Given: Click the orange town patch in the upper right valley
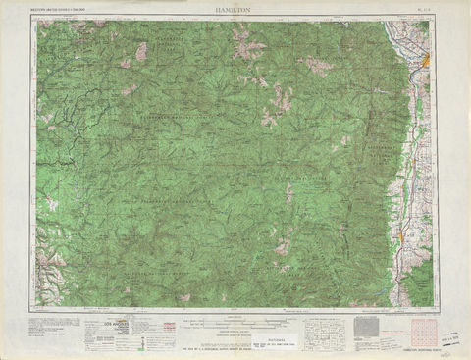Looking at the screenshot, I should tap(425, 65).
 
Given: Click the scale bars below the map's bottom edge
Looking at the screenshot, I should tap(235, 319).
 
